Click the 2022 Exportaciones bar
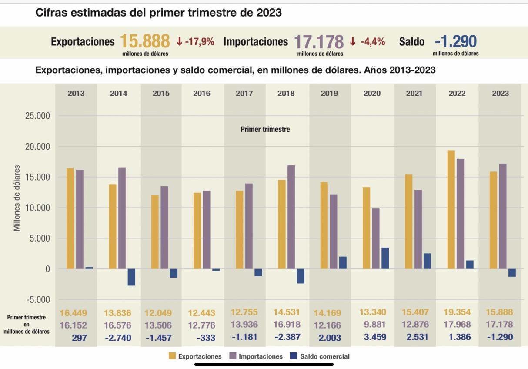pyautogui.click(x=451, y=209)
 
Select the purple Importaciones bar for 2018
pyautogui.click(x=291, y=217)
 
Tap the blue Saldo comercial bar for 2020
pyautogui.click(x=385, y=258)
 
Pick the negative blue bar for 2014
pyautogui.click(x=131, y=277)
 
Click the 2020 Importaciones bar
pyautogui.click(x=376, y=238)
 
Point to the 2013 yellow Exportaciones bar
pyautogui.click(x=70, y=218)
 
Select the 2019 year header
pyautogui.click(x=329, y=93)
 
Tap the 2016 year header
pyautogui.click(x=202, y=93)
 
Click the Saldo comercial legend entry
pyautogui.click(x=320, y=356)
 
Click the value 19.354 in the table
pyautogui.click(x=457, y=312)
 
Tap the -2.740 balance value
pyautogui.click(x=117, y=338)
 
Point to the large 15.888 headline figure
pyautogui.click(x=145, y=42)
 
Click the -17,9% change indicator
pyautogui.click(x=196, y=42)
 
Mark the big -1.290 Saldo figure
pyautogui.click(x=455, y=42)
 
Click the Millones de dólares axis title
pyautogui.click(x=17, y=198)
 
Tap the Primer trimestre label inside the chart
pyautogui.click(x=265, y=129)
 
